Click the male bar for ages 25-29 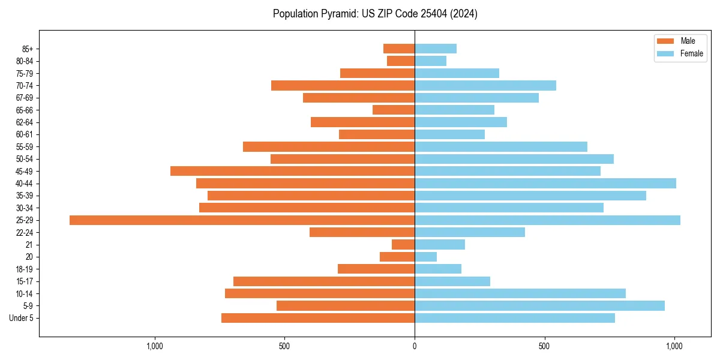[x=242, y=220]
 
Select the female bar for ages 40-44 [x=545, y=184]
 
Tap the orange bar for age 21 [x=403, y=245]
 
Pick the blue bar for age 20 [x=425, y=257]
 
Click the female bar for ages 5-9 [x=539, y=306]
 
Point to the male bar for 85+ [x=399, y=49]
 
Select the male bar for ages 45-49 [x=292, y=171]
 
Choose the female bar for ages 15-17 [x=452, y=281]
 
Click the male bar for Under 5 [x=318, y=318]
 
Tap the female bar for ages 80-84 [x=430, y=61]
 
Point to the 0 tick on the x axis [x=415, y=347]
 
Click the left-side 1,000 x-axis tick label [x=155, y=347]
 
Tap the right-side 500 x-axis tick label [x=544, y=347]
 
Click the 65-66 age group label [x=25, y=110]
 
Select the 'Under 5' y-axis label [x=21, y=318]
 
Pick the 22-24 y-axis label [x=25, y=233]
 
